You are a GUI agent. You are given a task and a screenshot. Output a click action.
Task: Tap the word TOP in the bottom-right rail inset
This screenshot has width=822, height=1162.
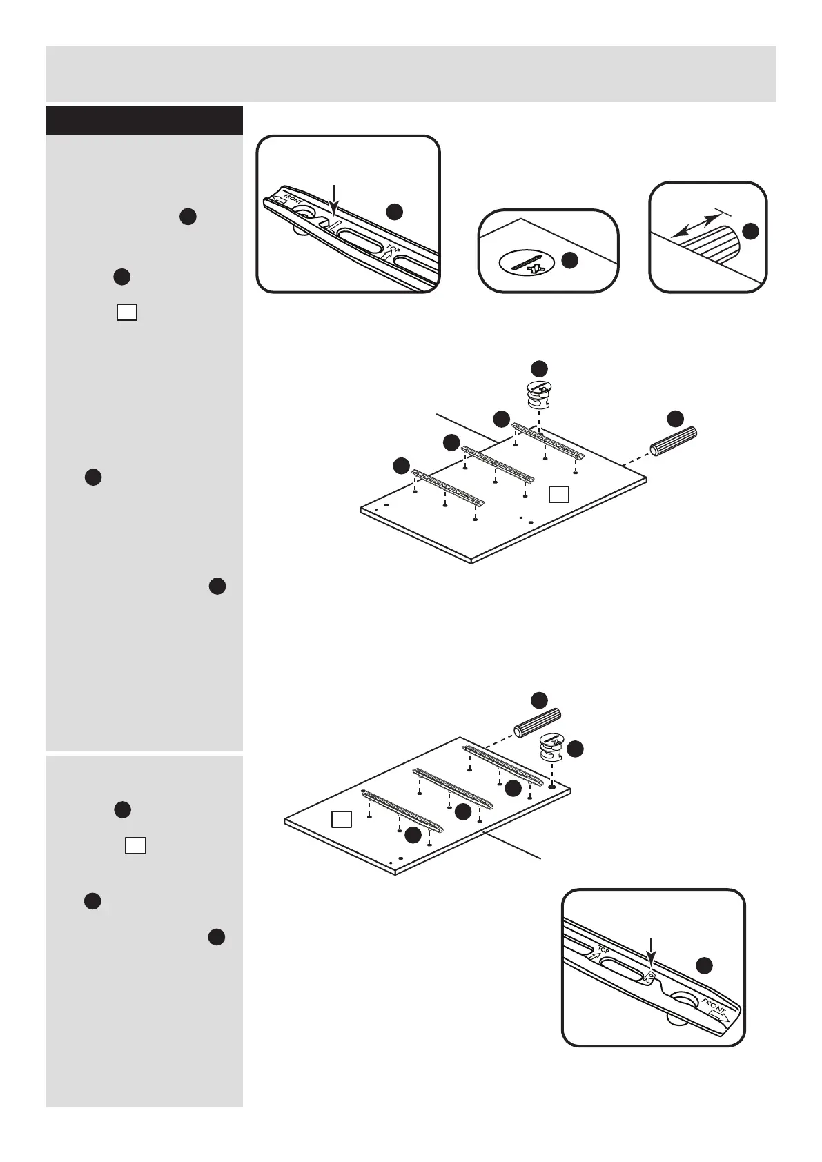click(x=604, y=950)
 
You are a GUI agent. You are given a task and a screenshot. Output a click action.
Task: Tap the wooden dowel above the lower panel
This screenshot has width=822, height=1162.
click(x=536, y=722)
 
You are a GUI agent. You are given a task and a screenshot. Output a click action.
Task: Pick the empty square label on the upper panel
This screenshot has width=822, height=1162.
click(x=559, y=493)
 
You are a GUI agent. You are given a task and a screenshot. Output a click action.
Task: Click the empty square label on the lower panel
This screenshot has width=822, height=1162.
click(x=342, y=819)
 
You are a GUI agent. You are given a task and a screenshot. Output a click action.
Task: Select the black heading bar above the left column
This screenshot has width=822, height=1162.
click(x=144, y=120)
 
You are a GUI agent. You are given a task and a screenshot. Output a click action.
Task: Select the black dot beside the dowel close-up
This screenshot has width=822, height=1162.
click(x=750, y=232)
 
